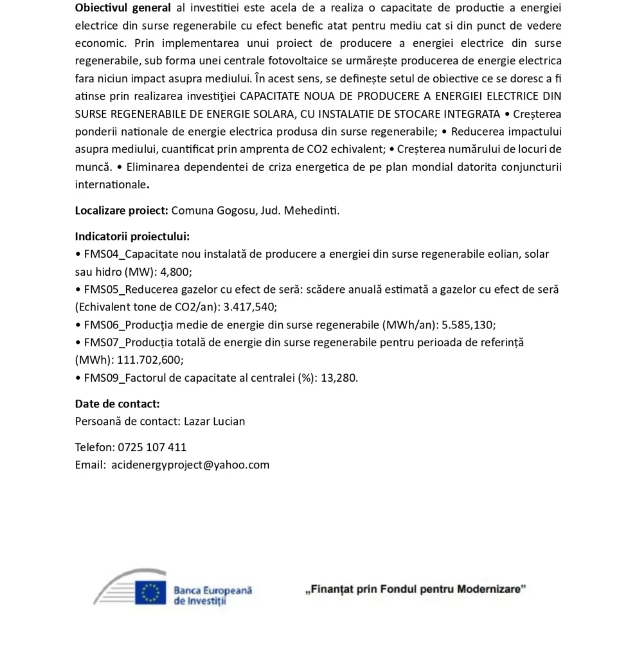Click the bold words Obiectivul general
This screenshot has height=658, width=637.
(123, 8)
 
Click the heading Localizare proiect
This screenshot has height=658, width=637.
(121, 210)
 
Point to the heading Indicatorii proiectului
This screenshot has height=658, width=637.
(132, 236)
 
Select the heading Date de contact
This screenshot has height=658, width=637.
(117, 404)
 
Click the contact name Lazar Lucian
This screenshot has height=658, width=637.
(214, 422)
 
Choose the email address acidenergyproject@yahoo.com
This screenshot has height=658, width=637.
(190, 465)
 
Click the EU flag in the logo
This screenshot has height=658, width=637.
(150, 592)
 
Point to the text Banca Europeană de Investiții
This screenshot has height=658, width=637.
(212, 594)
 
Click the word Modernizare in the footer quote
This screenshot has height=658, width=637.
(490, 589)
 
